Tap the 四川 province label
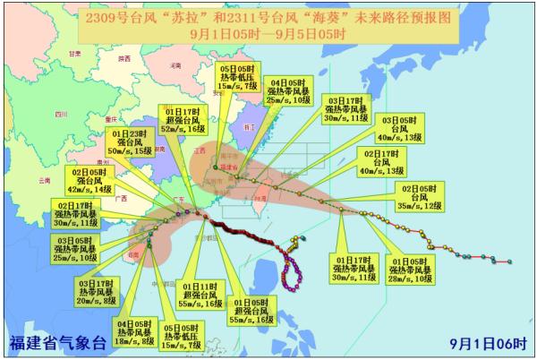click(60, 115)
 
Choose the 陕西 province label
click(124, 58)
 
